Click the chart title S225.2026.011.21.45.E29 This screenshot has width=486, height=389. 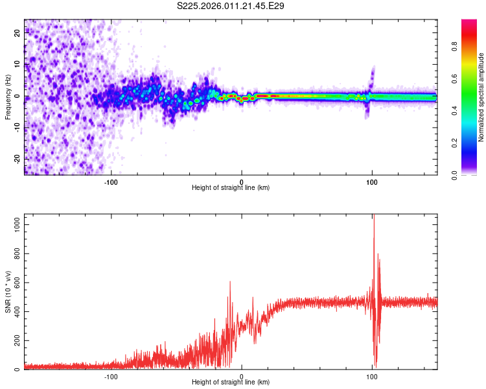click(231, 6)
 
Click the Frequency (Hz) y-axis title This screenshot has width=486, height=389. click(8, 97)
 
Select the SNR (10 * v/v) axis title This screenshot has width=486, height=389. click(8, 292)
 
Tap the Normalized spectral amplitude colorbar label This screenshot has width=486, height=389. click(481, 97)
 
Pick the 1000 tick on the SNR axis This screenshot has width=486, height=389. click(14, 222)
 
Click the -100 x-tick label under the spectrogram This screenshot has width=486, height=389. click(111, 181)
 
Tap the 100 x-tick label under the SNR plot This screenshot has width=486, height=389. click(372, 376)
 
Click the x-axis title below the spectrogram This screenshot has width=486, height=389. click(231, 187)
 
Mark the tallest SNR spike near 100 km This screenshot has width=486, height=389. click(373, 217)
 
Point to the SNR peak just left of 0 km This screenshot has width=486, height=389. click(230, 283)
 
